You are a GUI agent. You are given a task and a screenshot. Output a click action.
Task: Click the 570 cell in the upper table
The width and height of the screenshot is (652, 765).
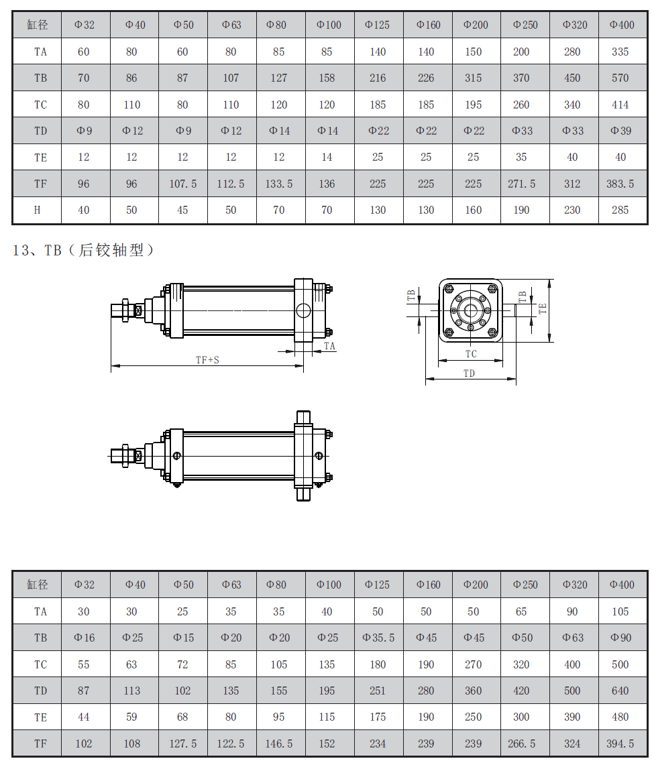pos(620,78)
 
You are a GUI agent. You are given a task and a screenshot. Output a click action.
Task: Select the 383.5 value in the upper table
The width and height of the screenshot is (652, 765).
pos(620,184)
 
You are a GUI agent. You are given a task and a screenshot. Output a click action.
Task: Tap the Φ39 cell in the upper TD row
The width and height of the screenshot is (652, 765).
pos(620,131)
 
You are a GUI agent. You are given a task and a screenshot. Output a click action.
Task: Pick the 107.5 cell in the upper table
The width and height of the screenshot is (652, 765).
pos(183,184)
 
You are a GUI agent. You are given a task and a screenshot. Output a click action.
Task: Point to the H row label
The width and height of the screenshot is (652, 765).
pos(37,211)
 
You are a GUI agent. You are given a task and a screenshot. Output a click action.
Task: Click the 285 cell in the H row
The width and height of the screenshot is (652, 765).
pos(620,211)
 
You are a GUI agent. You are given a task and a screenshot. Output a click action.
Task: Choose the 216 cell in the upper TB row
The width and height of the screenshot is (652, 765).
pos(377,78)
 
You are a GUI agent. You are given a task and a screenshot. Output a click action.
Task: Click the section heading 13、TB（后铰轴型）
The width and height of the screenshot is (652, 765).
pos(83,250)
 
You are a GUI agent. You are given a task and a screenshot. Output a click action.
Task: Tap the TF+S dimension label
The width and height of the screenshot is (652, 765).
pos(207,360)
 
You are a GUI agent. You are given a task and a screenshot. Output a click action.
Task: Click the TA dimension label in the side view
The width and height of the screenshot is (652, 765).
pos(329,346)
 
